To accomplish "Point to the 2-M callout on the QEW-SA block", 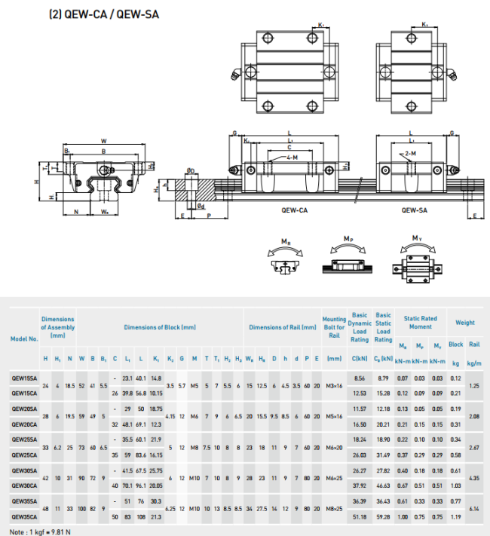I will click(x=409, y=153).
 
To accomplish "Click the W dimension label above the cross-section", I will click(x=103, y=140).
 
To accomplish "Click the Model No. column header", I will click(x=23, y=338).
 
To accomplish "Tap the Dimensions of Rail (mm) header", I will click(x=282, y=327).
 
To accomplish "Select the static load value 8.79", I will click(x=383, y=377).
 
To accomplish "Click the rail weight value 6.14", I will click(x=474, y=510).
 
